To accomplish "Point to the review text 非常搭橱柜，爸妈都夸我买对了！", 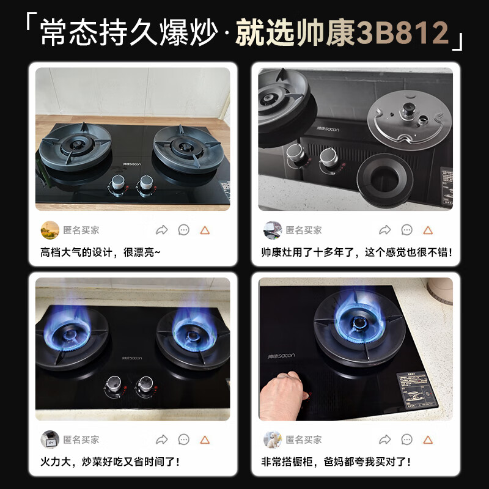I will click(x=336, y=461).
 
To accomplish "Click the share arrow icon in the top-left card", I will click(x=162, y=230).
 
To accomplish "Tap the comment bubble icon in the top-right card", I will click(x=406, y=230).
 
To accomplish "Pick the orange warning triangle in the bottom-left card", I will click(x=205, y=439).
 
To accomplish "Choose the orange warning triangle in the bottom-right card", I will click(x=428, y=439).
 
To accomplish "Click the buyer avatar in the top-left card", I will click(x=50, y=230).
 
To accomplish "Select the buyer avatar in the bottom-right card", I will click(x=272, y=439).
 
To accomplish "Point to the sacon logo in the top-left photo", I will click(x=132, y=164).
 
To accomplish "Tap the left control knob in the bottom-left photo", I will click(x=111, y=385).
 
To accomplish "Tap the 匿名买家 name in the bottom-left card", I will click(x=81, y=439).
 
